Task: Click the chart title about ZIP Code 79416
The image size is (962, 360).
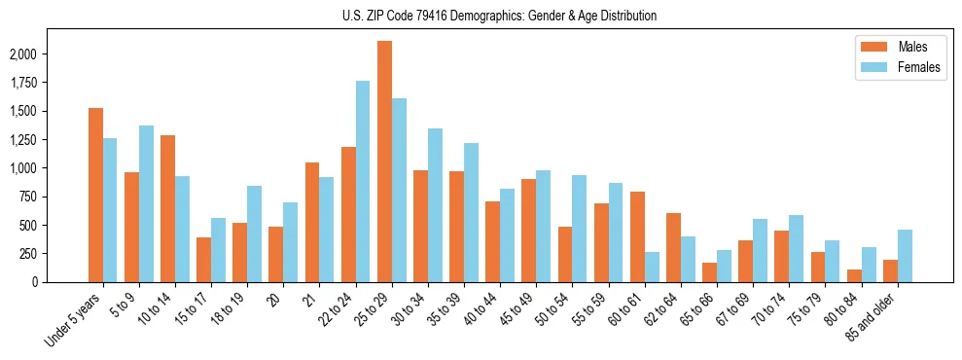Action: coord(499,16)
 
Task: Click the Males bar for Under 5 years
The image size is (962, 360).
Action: coord(95,195)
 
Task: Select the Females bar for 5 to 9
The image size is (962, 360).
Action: coord(146,203)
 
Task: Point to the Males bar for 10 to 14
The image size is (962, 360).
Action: coord(167,208)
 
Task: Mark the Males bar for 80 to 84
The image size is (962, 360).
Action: coord(854,275)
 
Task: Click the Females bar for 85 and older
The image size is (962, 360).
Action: coord(905,256)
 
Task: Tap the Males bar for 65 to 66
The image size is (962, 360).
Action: coord(709,271)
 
